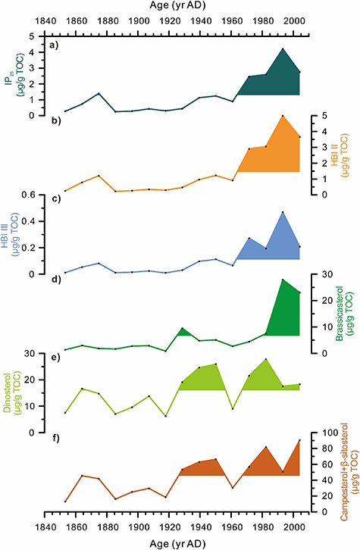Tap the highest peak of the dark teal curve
[282, 49]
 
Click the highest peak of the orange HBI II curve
[283, 115]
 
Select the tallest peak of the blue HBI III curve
[283, 212]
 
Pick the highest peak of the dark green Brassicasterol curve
[283, 280]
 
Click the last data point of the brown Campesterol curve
[299, 440]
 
